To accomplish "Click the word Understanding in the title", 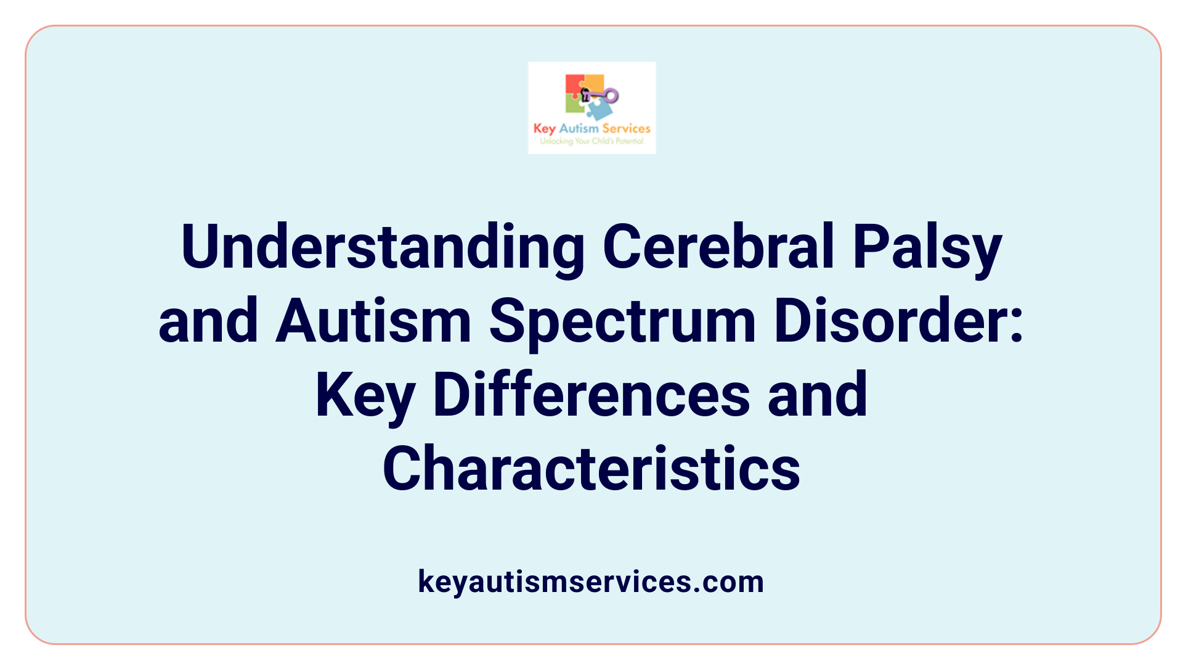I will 382,247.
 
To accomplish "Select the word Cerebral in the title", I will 718,247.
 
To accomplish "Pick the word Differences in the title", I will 591,395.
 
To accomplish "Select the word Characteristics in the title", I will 591,469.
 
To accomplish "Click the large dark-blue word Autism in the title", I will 373,321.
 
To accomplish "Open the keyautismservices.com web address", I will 591,582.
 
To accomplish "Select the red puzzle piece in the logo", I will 574,84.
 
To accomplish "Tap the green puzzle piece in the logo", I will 574,104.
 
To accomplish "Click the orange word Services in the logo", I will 626,128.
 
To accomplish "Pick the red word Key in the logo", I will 545,129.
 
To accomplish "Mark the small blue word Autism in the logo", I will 579,128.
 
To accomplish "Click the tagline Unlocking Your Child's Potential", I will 591,141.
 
